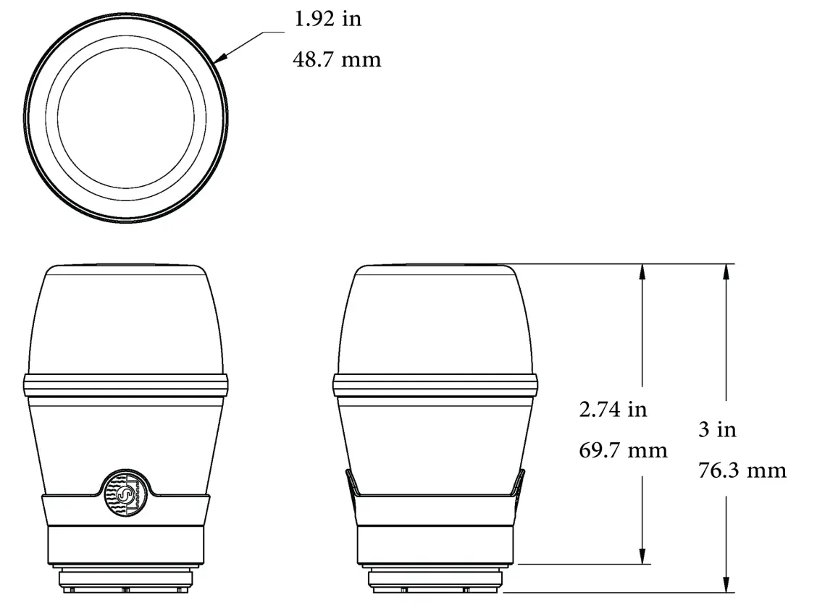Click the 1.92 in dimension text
coord(327,20)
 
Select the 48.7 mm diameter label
coord(336,59)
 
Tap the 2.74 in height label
coord(612,410)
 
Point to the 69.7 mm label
coord(623,451)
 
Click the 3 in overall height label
coord(716,429)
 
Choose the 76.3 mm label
coord(742,470)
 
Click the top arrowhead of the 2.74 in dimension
coord(642,272)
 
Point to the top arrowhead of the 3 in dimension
coord(726,272)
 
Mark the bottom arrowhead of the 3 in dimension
coord(726,584)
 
